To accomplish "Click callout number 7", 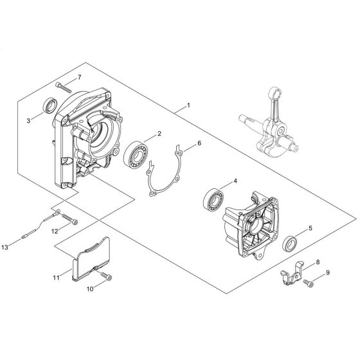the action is (x=80, y=77).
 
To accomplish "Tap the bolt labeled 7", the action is (x=64, y=87).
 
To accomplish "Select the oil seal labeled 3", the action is (x=50, y=105).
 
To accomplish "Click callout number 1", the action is (x=189, y=105).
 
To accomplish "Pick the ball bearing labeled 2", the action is (x=136, y=154).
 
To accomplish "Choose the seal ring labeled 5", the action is (x=290, y=243).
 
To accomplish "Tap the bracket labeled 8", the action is (x=291, y=273).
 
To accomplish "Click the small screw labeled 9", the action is (x=309, y=283).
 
